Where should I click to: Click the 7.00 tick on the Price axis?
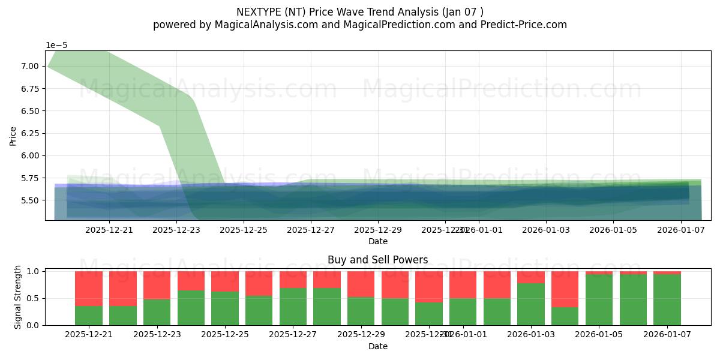tap(30, 66)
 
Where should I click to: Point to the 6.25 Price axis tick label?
tap(30, 133)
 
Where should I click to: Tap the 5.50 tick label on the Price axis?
tap(30, 200)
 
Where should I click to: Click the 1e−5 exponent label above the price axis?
tap(56, 46)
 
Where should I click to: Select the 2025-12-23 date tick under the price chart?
tap(176, 229)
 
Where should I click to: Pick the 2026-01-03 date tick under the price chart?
tap(545, 229)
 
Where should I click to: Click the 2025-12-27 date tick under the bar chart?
tap(293, 334)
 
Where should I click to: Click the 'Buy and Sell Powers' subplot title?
tap(377, 260)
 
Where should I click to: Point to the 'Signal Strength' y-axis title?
tap(18, 297)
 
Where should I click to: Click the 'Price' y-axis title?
tap(13, 136)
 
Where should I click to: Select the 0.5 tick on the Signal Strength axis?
tap(34, 298)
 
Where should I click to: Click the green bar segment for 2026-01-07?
tap(667, 300)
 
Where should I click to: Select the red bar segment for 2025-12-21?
tap(89, 289)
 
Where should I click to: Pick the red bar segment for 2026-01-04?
tap(565, 289)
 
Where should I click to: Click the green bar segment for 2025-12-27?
tap(293, 307)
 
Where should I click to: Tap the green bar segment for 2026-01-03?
tap(531, 304)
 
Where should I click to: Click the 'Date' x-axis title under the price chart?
tap(377, 241)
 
